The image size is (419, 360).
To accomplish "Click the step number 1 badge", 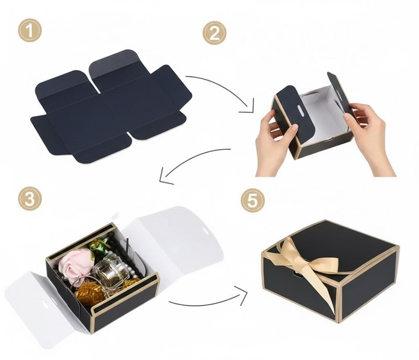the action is coord(30,30).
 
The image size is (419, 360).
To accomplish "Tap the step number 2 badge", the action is coord(214,34).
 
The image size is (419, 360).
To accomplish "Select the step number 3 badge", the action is coord(30,199).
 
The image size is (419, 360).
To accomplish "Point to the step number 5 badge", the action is coord(253,200).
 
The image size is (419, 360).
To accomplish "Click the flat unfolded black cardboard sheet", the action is coord(111,107).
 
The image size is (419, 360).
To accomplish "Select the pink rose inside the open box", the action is coord(75,263).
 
